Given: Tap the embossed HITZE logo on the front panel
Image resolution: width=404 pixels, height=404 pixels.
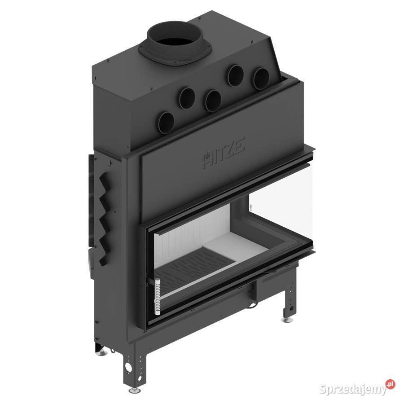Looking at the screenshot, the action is click(224, 153).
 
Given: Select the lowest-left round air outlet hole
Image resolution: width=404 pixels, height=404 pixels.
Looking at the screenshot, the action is click(166, 123).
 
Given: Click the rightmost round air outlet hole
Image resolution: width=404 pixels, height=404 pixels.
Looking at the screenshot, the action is click(261, 79).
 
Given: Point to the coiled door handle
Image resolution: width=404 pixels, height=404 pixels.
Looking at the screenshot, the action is click(158, 297).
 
